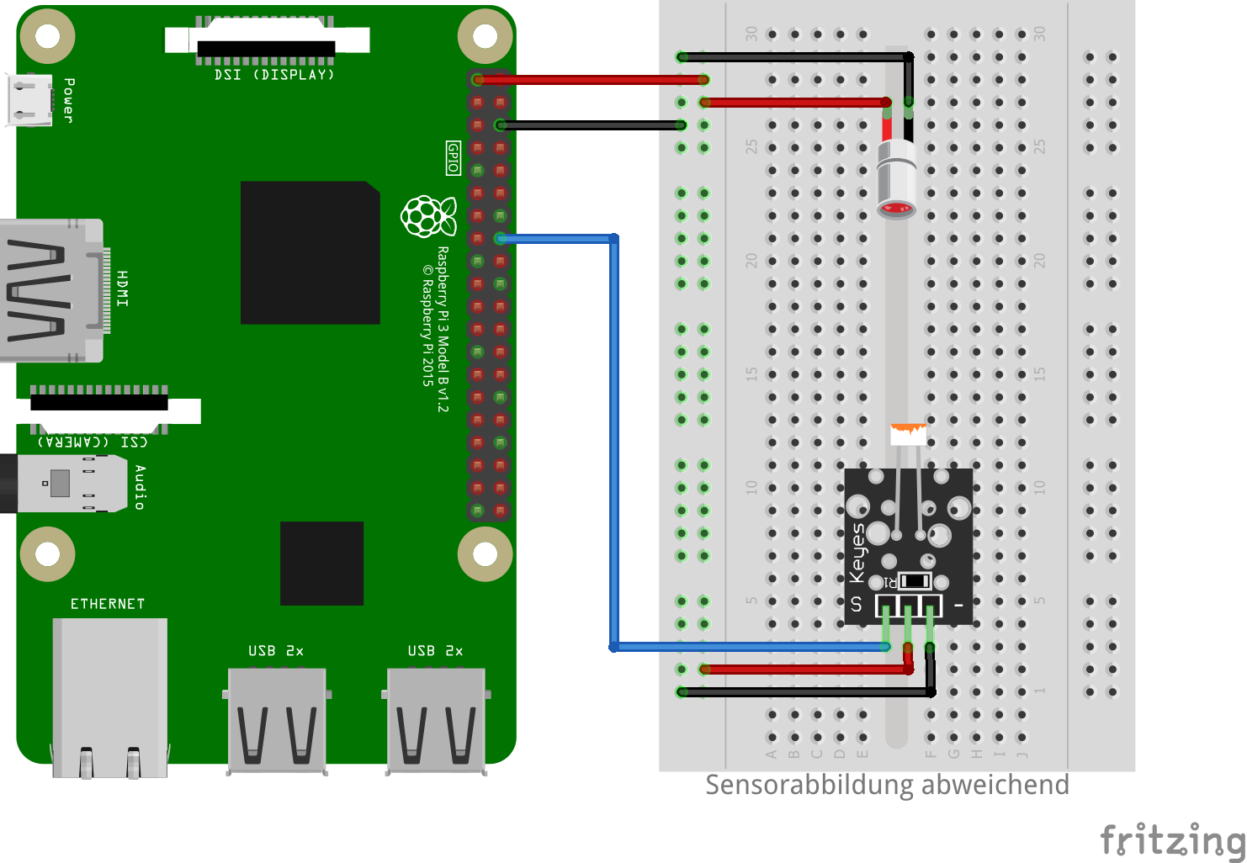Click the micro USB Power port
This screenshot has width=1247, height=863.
pyautogui.click(x=29, y=99)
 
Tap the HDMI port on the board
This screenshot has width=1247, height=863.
pyautogui.click(x=50, y=291)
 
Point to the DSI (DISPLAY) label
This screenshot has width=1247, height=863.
pyautogui.click(x=274, y=75)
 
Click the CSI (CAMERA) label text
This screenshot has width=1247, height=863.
pyautogui.click(x=93, y=442)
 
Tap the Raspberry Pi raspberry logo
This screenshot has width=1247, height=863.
pyautogui.click(x=428, y=216)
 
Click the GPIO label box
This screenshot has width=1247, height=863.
pyautogui.click(x=453, y=157)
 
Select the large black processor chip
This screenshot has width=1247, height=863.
pyautogui.click(x=310, y=252)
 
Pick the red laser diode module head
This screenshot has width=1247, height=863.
pyautogui.click(x=897, y=181)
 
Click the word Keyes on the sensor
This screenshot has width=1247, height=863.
pyautogui.click(x=857, y=552)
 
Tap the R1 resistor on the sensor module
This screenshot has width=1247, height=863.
pyautogui.click(x=914, y=581)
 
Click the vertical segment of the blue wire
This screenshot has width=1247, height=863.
pyautogui.click(x=614, y=442)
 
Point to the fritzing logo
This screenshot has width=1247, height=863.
pyautogui.click(x=1172, y=839)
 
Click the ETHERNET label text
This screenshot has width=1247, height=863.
pyautogui.click(x=108, y=604)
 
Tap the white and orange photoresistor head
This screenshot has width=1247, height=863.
pyautogui.click(x=908, y=434)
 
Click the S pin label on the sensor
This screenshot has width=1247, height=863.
pyautogui.click(x=857, y=604)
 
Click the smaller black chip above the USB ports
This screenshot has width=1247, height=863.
pyautogui.click(x=321, y=563)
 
